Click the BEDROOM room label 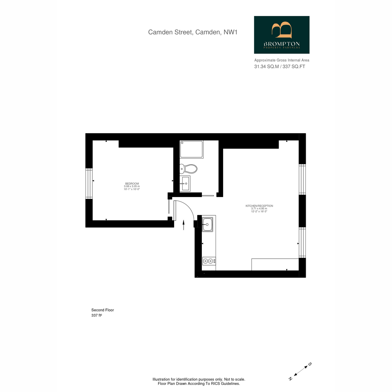pyautogui.click(x=132, y=184)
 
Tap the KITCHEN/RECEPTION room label pyautogui.click(x=259, y=206)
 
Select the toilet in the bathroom pyautogui.click(x=188, y=169)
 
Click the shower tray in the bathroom pyautogui.click(x=191, y=149)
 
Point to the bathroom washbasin pyautogui.click(x=185, y=183)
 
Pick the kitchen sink pyautogui.click(x=207, y=224)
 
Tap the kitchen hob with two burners pyautogui.click(x=209, y=261)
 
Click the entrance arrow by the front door pyautogui.click(x=184, y=225)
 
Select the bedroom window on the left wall pyautogui.click(x=89, y=183)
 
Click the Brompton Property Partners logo pyautogui.click(x=282, y=35)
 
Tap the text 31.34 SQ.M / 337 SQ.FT pyautogui.click(x=280, y=67)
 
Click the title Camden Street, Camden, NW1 pyautogui.click(x=193, y=32)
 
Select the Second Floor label pyautogui.click(x=103, y=310)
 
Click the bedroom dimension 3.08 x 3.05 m pyautogui.click(x=132, y=186)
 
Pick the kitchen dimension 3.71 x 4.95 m pyautogui.click(x=259, y=208)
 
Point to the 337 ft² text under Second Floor pyautogui.click(x=96, y=315)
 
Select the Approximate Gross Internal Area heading pyautogui.click(x=282, y=60)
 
